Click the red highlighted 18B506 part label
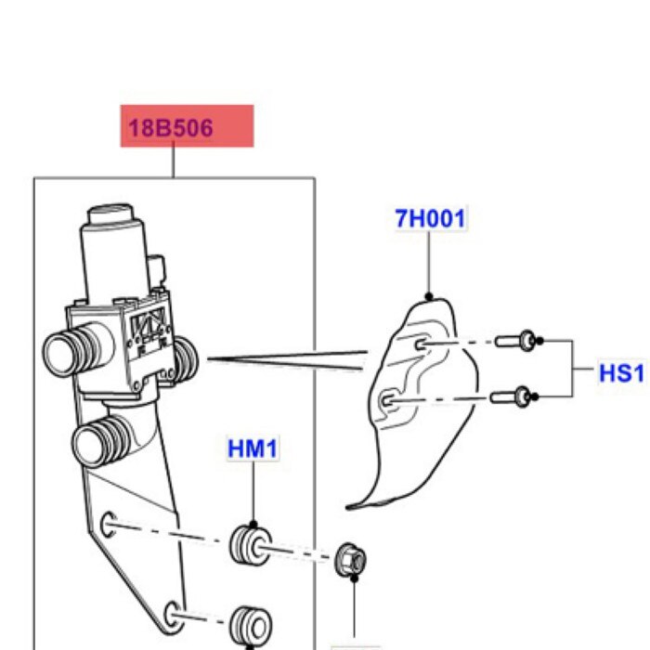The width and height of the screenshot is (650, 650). click(186, 126)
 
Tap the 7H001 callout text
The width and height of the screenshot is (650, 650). click(430, 219)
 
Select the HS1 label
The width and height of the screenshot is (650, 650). click(620, 373)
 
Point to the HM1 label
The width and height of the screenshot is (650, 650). click(252, 450)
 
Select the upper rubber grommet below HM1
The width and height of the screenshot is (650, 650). click(248, 544)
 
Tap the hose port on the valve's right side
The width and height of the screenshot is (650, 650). click(185, 355)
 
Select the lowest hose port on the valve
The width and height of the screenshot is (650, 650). click(103, 439)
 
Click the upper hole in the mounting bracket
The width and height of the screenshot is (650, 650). click(109, 526)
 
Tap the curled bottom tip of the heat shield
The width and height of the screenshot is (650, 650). click(353, 505)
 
